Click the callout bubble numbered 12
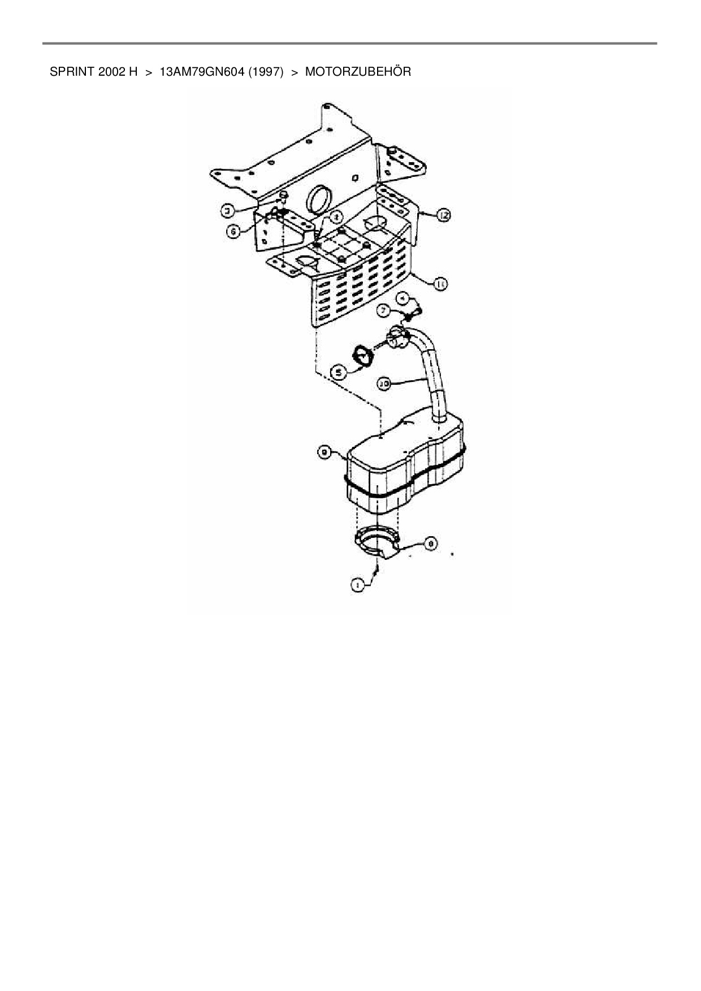click(x=443, y=215)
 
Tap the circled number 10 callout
click(x=384, y=384)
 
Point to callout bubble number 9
click(x=325, y=451)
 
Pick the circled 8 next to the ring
click(x=430, y=544)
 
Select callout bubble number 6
click(x=233, y=231)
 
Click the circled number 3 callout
click(x=227, y=211)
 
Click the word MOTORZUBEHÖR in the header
click(x=358, y=72)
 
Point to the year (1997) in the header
click(x=265, y=72)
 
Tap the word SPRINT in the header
click(x=67, y=72)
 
